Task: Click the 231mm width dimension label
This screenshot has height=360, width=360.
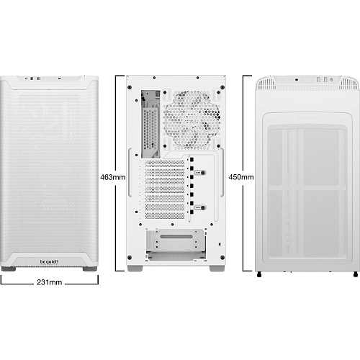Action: pos(50,282)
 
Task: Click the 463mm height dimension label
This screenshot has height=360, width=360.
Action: pos(113,177)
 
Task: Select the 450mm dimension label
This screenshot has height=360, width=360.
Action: pos(241,177)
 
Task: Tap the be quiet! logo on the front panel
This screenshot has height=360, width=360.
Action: pos(49,261)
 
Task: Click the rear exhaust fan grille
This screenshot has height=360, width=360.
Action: pos(192,120)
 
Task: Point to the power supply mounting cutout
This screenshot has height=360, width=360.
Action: pos(176,245)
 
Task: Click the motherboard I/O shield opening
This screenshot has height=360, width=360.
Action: pos(150,124)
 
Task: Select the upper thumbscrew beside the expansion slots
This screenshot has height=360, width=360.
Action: pos(200,173)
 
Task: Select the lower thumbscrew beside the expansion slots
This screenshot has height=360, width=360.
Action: pos(200,207)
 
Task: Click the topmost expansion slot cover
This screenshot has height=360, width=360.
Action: pos(165,164)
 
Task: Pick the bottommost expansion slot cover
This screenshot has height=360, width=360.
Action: pos(165,215)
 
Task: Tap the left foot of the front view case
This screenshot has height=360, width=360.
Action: pos(9,269)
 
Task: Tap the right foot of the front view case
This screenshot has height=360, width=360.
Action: pos(90,269)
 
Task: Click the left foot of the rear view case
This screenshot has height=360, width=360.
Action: pos(135,269)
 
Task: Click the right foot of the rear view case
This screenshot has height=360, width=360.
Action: pos(217,269)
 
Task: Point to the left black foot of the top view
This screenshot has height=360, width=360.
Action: pos(259,274)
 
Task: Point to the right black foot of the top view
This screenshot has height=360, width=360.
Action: pos(356,274)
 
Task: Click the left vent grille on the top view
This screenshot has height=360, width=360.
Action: pos(266,84)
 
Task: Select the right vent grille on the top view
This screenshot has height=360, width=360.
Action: pos(348,84)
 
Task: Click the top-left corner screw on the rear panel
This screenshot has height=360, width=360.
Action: pos(130,87)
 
